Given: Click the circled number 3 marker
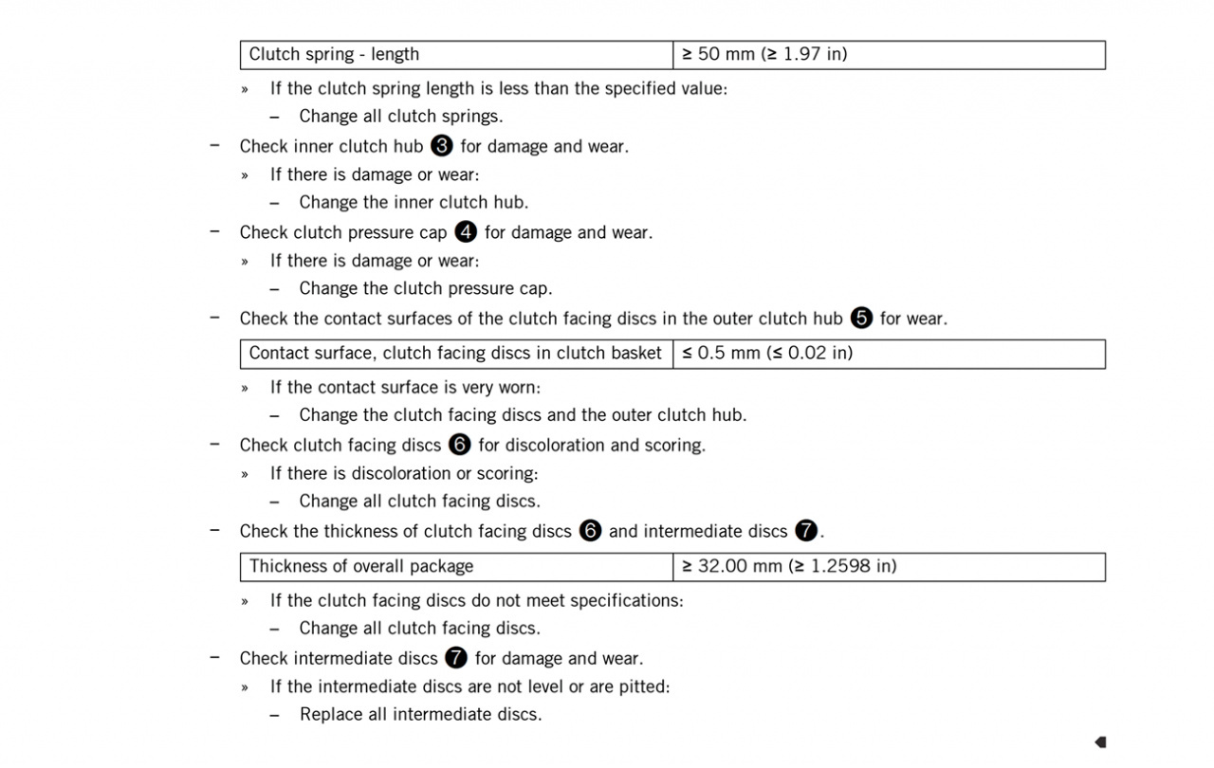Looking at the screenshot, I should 441,146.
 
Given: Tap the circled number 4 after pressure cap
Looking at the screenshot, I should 466,232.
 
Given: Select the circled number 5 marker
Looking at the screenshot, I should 861,319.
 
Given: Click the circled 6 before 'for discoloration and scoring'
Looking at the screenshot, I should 460,445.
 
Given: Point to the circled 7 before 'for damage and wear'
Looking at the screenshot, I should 456,658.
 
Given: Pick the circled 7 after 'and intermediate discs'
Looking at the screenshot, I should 806,531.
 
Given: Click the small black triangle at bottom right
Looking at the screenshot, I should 1100,741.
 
